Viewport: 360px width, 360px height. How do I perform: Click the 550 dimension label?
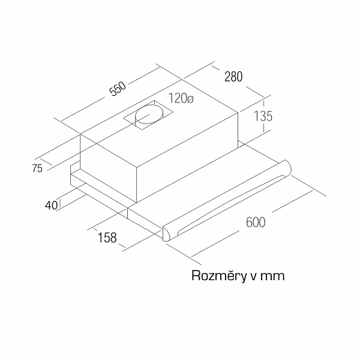(118, 88)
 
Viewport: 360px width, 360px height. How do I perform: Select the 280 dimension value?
(233, 77)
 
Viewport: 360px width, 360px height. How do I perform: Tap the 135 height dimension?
(263, 116)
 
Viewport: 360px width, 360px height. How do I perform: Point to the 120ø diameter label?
(181, 98)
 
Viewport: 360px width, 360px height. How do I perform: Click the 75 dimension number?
(37, 169)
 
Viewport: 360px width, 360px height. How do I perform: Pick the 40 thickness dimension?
(51, 205)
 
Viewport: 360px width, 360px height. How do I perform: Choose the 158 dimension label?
(107, 238)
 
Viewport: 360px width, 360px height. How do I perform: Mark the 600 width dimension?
(256, 222)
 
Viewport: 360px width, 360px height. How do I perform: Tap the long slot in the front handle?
(232, 205)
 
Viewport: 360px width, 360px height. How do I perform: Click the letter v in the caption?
(253, 277)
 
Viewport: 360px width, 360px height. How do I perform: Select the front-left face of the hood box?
(109, 168)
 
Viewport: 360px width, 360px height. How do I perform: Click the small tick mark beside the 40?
(59, 204)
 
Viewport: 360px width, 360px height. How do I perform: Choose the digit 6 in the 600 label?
(249, 222)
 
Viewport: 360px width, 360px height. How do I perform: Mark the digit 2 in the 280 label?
(227, 77)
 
